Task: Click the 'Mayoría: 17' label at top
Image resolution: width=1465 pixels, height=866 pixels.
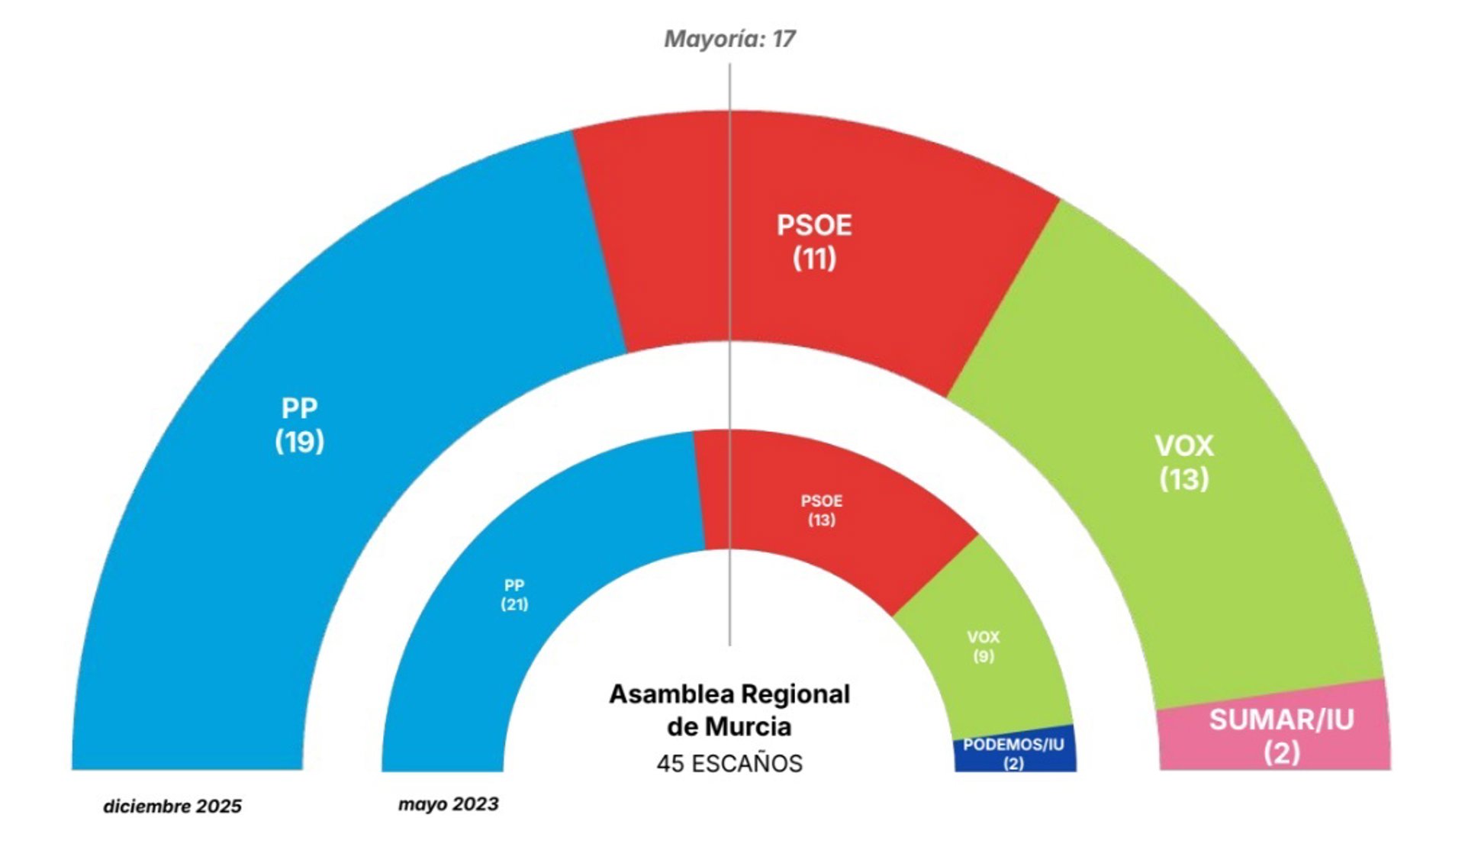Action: (729, 39)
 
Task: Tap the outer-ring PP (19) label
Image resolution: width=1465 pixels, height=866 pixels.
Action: (299, 425)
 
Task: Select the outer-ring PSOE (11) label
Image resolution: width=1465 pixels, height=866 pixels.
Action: (814, 242)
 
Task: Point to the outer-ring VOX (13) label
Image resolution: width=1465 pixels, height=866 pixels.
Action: (1183, 462)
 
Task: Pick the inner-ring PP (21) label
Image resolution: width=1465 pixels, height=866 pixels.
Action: (514, 595)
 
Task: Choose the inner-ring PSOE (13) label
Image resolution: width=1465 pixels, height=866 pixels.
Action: (822, 510)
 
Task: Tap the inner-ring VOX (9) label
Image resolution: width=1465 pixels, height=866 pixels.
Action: (983, 646)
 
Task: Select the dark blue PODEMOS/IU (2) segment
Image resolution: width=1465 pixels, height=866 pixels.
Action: (1013, 753)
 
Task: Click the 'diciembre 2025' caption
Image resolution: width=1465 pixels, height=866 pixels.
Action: (172, 806)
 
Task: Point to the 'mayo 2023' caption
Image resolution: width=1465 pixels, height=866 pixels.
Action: (449, 804)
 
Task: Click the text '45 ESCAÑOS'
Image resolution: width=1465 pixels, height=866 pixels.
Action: (729, 763)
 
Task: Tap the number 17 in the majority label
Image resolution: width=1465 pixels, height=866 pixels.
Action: (784, 39)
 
